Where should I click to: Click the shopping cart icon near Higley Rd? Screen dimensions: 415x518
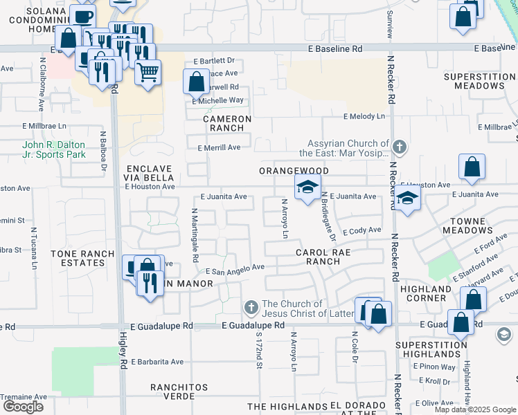(x=148, y=71)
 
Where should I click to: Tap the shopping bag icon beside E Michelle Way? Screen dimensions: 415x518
(x=197, y=82)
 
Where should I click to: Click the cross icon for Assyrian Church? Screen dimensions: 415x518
(x=400, y=147)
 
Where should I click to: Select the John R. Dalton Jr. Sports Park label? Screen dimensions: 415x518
(x=54, y=149)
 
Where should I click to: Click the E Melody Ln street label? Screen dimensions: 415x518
(x=363, y=116)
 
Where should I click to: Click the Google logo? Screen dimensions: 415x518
(x=24, y=407)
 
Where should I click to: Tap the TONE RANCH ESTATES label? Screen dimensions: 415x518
(x=82, y=259)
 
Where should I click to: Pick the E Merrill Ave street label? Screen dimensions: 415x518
(x=219, y=147)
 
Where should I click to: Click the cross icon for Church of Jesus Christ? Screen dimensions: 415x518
(x=251, y=306)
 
